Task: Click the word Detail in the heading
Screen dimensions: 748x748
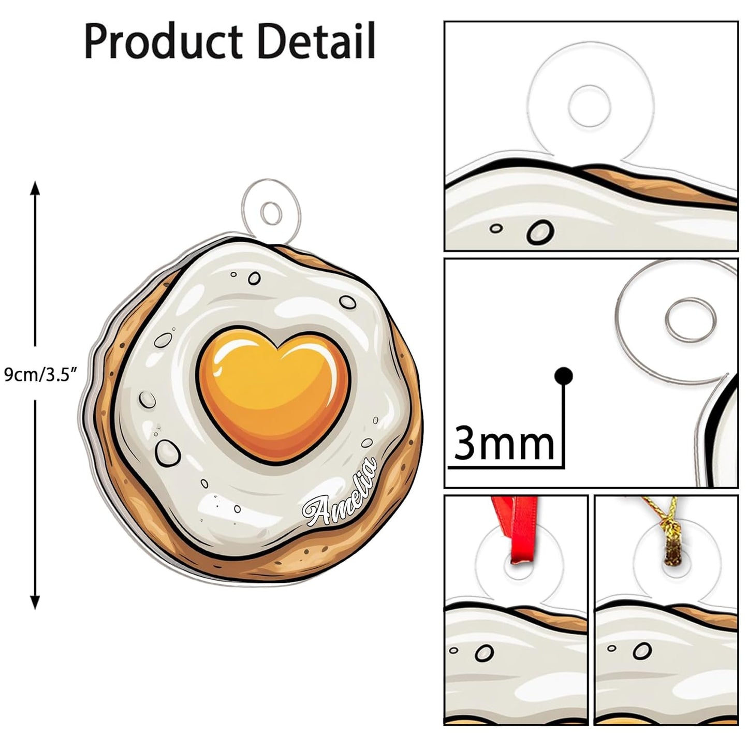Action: coord(316,40)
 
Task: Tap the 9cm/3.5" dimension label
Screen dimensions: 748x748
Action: coord(40,375)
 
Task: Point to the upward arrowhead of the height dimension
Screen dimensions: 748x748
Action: coord(35,188)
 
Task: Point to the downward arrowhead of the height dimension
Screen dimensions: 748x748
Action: coord(35,602)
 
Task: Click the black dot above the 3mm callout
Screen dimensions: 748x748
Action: coord(563,375)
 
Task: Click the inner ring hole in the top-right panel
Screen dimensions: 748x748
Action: coord(589,106)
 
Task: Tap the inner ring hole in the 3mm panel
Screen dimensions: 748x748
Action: coord(690,320)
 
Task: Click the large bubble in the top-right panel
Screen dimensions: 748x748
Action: coord(540,232)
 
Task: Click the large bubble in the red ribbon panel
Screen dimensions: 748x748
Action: coord(484,653)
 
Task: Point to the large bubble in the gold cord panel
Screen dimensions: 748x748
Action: coord(642,651)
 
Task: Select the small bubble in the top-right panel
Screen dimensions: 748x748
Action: coord(496,228)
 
